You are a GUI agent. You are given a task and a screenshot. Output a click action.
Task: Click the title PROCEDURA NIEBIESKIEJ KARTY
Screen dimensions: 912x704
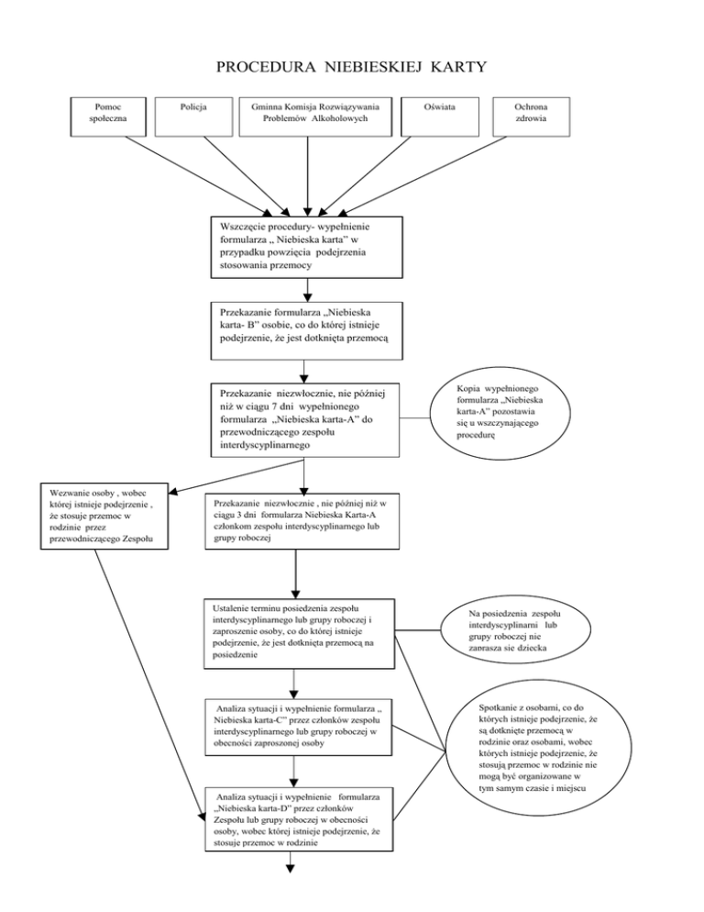coord(352,67)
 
